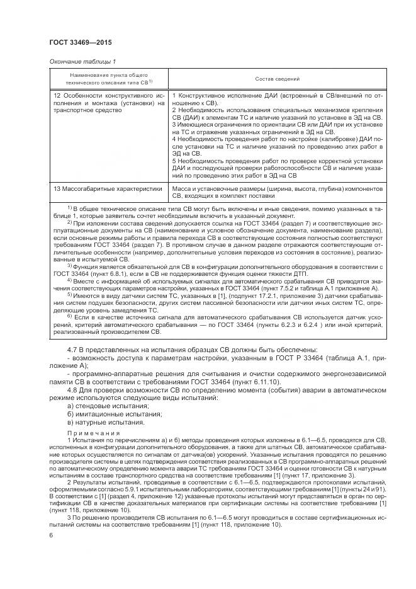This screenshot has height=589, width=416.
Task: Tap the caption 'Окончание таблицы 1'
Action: pos(82,61)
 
